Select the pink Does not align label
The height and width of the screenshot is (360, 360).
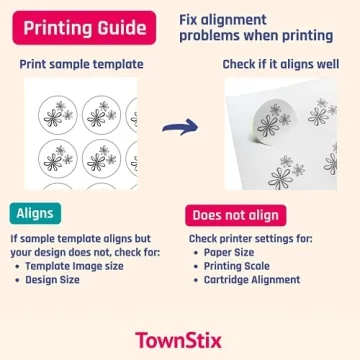(236, 214)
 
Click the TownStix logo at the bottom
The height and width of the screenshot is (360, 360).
(180, 339)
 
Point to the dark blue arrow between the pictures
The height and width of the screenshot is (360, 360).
(180, 127)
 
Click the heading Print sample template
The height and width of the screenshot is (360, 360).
(81, 64)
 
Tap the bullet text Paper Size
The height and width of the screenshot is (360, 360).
(232, 253)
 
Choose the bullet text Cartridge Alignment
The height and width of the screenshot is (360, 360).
(253, 279)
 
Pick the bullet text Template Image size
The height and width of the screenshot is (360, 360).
(76, 266)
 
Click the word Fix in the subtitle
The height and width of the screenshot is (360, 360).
(190, 20)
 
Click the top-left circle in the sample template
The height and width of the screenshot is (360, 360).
(58, 116)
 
